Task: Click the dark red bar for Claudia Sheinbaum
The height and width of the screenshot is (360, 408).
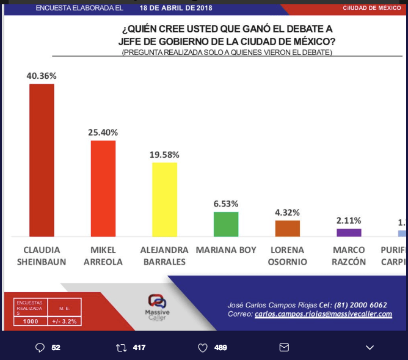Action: pos(42,160)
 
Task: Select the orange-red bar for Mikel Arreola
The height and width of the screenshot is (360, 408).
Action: pos(103,188)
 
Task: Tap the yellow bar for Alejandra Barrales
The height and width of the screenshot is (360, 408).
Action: pos(164,199)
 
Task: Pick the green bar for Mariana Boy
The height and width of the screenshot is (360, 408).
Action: pos(226,224)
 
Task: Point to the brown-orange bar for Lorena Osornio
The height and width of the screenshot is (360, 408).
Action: pos(287,229)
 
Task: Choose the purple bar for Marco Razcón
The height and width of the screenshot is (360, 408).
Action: pos(349,232)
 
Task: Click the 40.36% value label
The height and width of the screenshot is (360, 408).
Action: pos(42,76)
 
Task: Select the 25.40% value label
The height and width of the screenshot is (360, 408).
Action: pos(103,132)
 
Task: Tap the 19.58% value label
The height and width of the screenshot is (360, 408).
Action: pos(164,154)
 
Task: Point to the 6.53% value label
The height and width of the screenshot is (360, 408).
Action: pos(226,204)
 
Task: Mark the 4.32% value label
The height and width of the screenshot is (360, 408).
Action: pos(287,212)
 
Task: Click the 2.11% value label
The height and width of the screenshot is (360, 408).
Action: pos(349,220)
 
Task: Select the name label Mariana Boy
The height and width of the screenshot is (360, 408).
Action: pos(226,250)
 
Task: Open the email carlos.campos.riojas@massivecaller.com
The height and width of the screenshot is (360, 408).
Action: pos(323,314)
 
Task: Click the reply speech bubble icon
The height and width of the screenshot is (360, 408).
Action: pos(40,347)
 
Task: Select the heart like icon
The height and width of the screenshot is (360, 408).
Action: pos(203,347)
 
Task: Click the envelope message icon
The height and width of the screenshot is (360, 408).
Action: pos(284,347)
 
